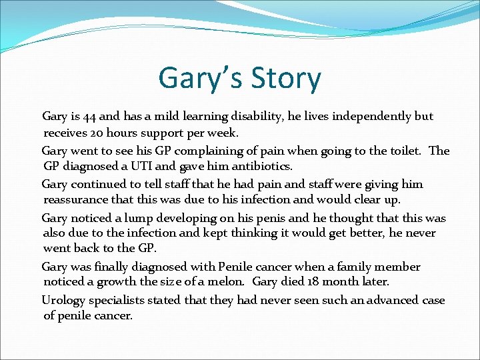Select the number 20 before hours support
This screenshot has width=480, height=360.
(x=97, y=133)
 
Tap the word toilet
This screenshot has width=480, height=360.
(x=402, y=151)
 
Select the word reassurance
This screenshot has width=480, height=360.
(x=77, y=200)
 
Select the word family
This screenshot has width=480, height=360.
(x=351, y=267)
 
